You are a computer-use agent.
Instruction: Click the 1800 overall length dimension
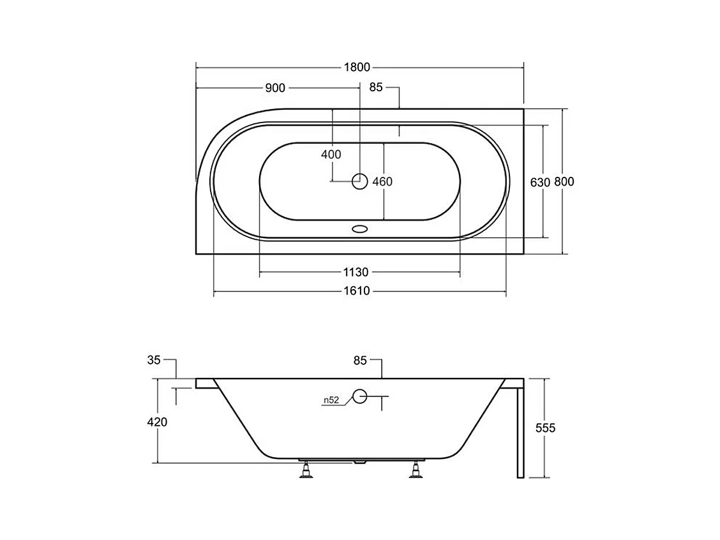tap(357, 68)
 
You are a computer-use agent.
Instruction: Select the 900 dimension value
tap(275, 87)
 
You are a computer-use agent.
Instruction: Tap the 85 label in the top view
tap(375, 87)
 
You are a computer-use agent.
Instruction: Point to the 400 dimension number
tap(331, 154)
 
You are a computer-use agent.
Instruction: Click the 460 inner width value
tap(382, 182)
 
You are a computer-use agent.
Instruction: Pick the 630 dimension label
tap(540, 183)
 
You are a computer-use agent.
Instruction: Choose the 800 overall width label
tap(564, 182)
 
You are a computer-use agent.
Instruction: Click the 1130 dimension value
tap(356, 273)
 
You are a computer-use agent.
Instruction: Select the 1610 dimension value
tap(357, 290)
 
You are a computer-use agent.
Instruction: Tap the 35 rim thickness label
tap(154, 360)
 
